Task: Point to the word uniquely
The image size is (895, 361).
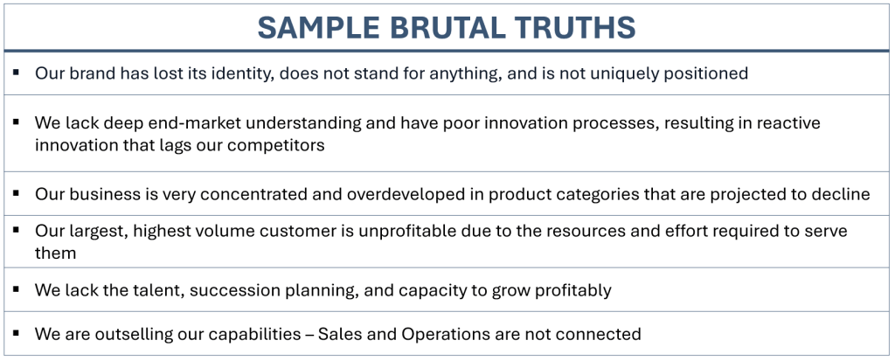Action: pos(624,73)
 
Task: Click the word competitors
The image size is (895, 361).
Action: pos(275,146)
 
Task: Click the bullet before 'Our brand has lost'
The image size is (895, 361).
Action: pos(16,73)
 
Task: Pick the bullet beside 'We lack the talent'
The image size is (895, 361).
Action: pos(16,289)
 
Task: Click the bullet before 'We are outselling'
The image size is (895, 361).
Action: pos(16,332)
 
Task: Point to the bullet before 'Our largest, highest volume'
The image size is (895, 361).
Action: pos(16,230)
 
